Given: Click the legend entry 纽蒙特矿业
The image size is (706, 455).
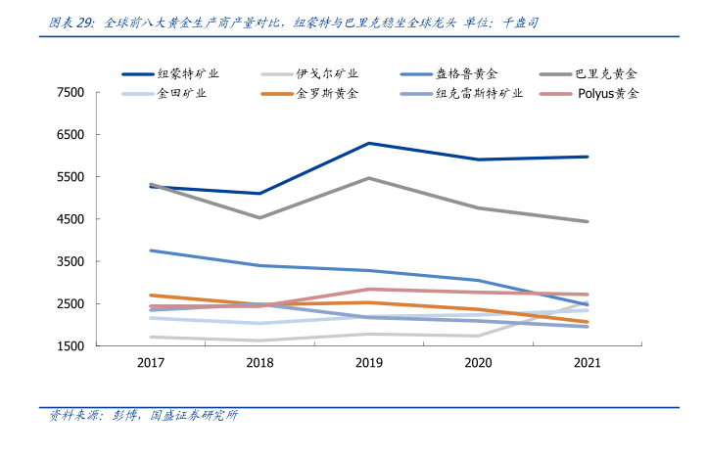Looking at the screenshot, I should point(187,73).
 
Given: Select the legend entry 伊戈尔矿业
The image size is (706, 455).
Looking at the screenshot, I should point(327,73).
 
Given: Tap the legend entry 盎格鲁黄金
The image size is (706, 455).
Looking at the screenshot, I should point(466,73).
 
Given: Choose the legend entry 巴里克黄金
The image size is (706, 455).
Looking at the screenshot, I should point(605,73).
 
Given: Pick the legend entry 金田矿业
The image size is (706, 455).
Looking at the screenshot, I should point(181,94).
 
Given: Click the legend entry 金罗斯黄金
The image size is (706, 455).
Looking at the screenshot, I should point(327,94).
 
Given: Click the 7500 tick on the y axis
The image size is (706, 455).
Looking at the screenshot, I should point(71,93).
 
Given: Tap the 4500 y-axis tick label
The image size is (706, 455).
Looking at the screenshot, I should point(71,220).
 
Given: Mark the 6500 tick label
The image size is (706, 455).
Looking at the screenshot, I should point(71,135).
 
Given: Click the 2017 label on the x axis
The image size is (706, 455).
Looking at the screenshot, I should point(151,363).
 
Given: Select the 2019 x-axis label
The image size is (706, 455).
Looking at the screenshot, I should point(368,363).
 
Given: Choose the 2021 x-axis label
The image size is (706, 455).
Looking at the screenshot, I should point(587,363).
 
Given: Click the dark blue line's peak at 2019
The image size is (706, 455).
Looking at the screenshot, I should point(368,143).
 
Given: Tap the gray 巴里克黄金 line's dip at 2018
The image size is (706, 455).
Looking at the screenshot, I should point(259,217).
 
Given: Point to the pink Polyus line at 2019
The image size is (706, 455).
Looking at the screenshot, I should point(368,289).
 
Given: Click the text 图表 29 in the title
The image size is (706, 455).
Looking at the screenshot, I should point(71,21).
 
